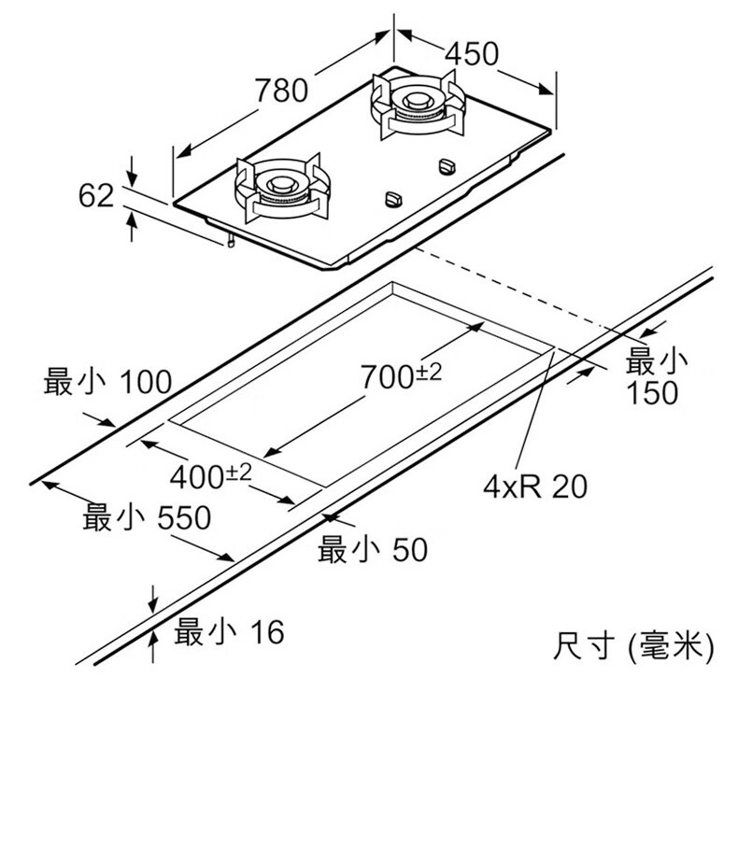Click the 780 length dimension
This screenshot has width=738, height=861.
tap(280, 91)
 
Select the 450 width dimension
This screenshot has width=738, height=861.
tap(471, 54)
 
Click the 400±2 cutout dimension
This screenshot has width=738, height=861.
tap(211, 476)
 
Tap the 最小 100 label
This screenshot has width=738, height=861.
tap(107, 382)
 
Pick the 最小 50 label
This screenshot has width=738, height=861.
tap(372, 550)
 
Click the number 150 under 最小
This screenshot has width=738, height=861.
tap(653, 393)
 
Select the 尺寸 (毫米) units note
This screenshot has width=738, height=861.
tap(633, 646)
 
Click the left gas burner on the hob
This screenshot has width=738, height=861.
tap(281, 187)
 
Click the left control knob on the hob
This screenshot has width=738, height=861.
tap(393, 199)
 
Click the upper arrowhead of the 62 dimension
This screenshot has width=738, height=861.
tap(133, 176)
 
